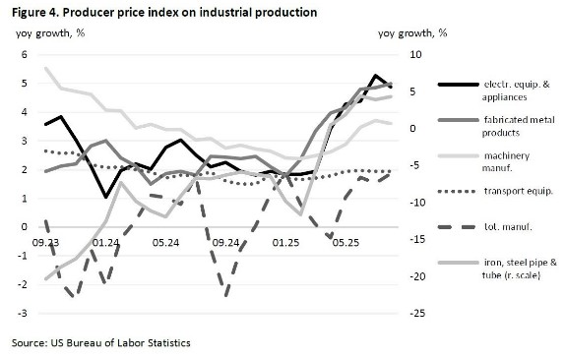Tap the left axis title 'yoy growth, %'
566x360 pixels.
(49, 32)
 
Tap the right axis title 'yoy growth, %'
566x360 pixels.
(412, 32)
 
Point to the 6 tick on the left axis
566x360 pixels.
(25, 54)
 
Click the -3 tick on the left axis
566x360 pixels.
(22, 313)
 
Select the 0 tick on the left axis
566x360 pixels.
(25, 227)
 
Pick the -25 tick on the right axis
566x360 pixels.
(416, 313)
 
